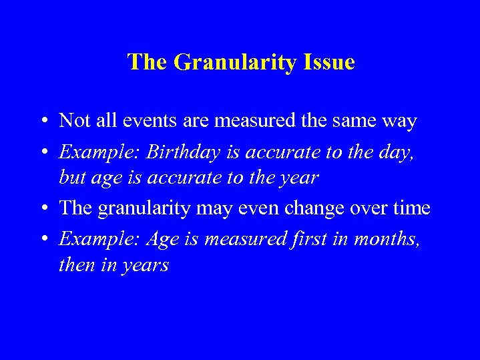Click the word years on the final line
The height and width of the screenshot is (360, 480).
coord(143,266)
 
